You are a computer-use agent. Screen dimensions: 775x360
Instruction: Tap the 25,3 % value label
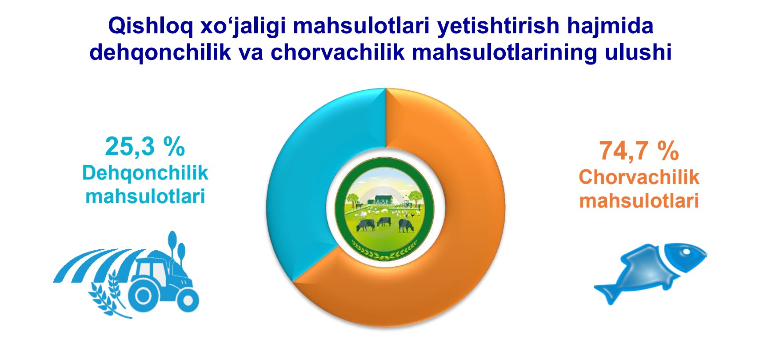click(145, 147)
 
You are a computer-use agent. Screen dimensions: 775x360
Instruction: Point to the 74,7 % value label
click(639, 151)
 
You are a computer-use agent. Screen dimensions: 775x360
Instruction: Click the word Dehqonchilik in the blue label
click(145, 173)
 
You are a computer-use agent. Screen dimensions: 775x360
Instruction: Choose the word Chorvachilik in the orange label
click(639, 177)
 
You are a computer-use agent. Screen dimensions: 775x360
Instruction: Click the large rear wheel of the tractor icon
click(144, 295)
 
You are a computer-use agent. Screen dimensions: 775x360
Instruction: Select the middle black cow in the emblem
click(384, 221)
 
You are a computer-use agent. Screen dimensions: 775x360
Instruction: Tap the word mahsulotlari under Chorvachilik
click(639, 200)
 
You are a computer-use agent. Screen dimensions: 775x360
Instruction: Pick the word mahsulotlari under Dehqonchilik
click(145, 196)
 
